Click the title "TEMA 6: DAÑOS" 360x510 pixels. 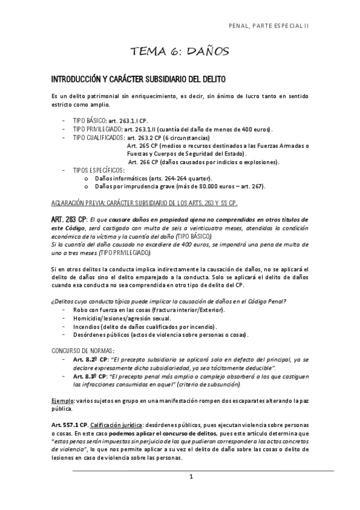point(180,53)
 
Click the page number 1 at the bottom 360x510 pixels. point(190,478)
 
